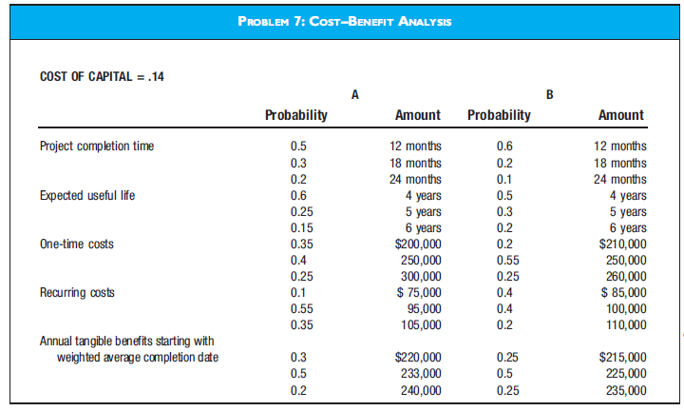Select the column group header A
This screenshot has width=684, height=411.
pyautogui.click(x=354, y=93)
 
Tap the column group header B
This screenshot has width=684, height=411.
pyautogui.click(x=550, y=93)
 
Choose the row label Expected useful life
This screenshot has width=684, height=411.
pyautogui.click(x=87, y=194)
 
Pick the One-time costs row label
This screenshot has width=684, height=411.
pyautogui.click(x=76, y=244)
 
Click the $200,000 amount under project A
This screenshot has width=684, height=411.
pyautogui.click(x=417, y=244)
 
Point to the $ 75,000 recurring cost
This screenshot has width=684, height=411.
pyautogui.click(x=417, y=292)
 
